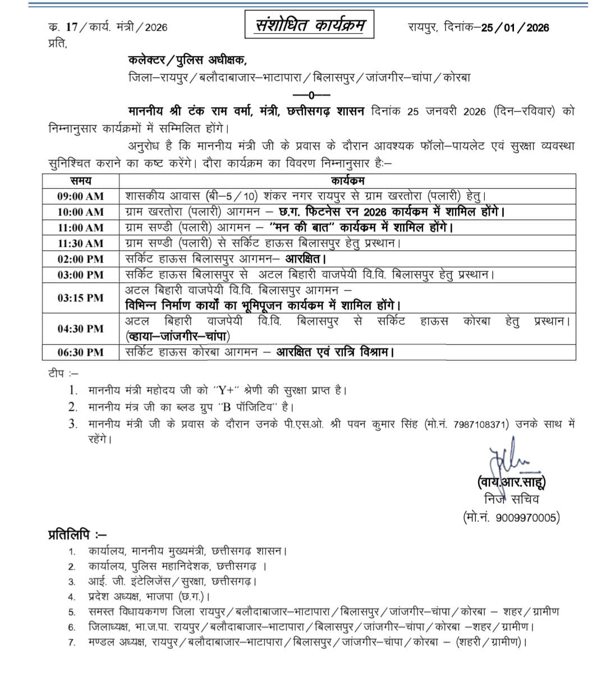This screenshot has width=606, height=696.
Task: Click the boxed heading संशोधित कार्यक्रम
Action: pos(310,26)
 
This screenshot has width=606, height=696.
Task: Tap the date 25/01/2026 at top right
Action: pos(515,28)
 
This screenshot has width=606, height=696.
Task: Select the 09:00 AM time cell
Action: pos(80,196)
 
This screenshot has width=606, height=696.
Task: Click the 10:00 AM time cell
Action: pos(80,212)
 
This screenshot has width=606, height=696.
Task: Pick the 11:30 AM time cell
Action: pos(80,244)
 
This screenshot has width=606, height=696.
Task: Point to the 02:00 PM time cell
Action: pos(80,259)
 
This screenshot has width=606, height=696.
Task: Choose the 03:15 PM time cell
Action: pos(80,298)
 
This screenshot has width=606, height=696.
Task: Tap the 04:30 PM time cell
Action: pos(80,329)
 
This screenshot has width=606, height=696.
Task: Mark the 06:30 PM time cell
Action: pos(80,352)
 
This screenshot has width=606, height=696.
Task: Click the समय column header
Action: pos(81,181)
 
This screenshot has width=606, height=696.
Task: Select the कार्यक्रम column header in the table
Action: pos(347,181)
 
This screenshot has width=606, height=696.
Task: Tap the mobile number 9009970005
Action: pos(527,518)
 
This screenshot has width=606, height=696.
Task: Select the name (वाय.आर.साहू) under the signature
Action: pos(511,482)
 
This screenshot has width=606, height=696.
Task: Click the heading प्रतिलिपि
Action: pos(77,534)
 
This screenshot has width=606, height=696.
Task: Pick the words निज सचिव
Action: pos(511,500)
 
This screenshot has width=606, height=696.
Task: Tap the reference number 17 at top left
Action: pos(72,27)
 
